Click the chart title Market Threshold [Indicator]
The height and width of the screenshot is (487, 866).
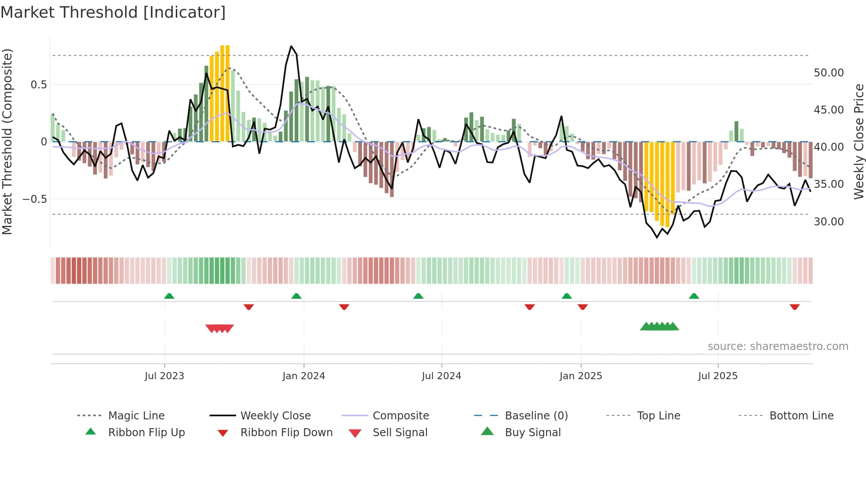pyautogui.click(x=113, y=12)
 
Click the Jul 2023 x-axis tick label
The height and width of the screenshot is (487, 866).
pyautogui.click(x=164, y=376)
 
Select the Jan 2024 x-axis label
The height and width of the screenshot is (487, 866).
pyautogui.click(x=304, y=376)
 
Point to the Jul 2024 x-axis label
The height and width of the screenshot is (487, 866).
pyautogui.click(x=441, y=376)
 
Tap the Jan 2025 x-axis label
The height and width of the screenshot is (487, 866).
pyautogui.click(x=581, y=376)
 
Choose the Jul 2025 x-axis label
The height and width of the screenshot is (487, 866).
pyautogui.click(x=718, y=376)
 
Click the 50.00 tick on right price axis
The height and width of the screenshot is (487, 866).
pyautogui.click(x=828, y=73)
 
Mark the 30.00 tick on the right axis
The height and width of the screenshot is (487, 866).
pyautogui.click(x=828, y=222)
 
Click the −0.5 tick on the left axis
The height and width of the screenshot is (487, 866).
pyautogui.click(x=35, y=199)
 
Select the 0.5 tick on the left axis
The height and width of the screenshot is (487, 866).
pyautogui.click(x=38, y=85)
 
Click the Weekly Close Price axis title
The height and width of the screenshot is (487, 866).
pyautogui.click(x=858, y=141)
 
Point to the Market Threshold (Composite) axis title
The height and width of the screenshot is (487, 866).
pyautogui.click(x=8, y=141)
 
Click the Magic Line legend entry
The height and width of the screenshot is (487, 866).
pyautogui.click(x=136, y=416)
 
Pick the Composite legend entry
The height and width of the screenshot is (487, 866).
pyautogui.click(x=400, y=416)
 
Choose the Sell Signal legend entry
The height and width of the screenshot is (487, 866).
pyautogui.click(x=400, y=433)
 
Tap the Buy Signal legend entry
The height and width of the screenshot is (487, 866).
pyautogui.click(x=532, y=433)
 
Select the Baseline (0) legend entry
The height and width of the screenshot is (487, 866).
pyautogui.click(x=536, y=416)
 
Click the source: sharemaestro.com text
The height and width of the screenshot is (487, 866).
pyautogui.click(x=778, y=346)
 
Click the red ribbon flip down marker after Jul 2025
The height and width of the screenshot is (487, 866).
pyautogui.click(x=794, y=307)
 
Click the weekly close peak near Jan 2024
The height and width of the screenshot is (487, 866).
pyautogui.click(x=291, y=46)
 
